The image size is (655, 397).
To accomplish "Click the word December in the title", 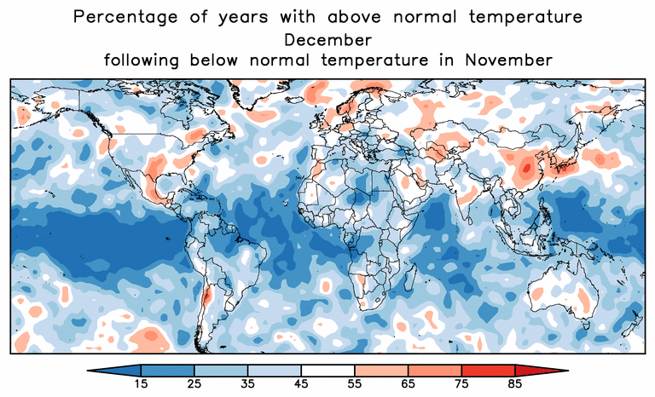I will point(328,39).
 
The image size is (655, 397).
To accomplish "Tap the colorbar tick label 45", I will point(300,384).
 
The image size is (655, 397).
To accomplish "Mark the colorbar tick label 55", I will point(354,384).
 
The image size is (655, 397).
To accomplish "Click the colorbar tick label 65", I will point(408,384).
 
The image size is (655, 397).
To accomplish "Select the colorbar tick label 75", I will point(461,384).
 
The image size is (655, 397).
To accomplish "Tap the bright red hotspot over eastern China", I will point(526,169).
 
